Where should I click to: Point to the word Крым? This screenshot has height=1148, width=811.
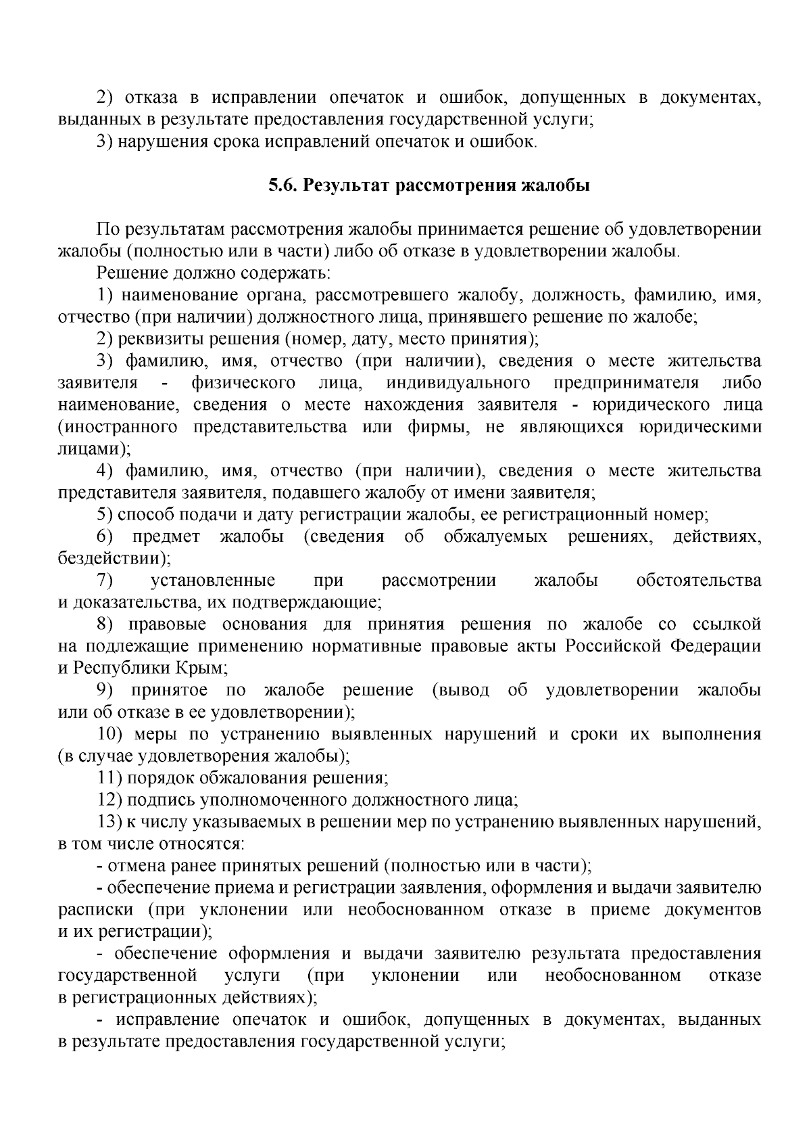(201, 668)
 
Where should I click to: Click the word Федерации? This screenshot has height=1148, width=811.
(715, 645)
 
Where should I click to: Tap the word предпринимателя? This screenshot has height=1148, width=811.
(626, 383)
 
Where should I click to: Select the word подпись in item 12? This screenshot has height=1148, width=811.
(160, 800)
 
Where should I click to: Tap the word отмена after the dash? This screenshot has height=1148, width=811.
(134, 866)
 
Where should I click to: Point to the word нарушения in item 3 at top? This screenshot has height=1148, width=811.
(157, 141)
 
